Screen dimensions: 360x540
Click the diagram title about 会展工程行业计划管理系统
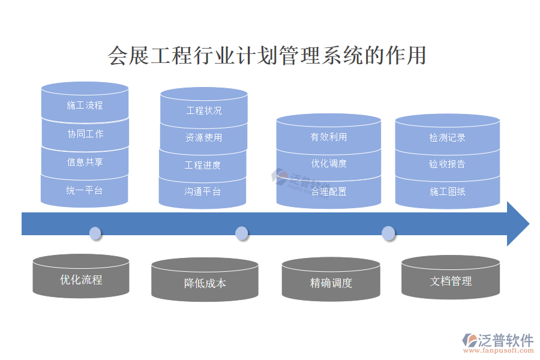267,55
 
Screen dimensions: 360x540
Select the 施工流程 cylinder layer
85,106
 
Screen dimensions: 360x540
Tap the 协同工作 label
85,134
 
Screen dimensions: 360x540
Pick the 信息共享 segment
85,162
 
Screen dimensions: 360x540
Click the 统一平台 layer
85,191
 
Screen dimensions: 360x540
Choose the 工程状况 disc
203,110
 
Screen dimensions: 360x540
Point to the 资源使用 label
203,138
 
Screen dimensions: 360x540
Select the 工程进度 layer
203,166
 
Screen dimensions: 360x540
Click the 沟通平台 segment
203,192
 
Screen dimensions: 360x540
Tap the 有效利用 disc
328,137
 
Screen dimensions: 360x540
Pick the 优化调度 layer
328,163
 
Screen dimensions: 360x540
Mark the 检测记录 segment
447,137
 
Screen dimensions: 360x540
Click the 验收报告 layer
447,164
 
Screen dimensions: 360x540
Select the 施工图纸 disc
447,192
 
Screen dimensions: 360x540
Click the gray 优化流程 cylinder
81,280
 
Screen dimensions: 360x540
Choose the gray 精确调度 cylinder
331,283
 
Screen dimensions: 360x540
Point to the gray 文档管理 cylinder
451,281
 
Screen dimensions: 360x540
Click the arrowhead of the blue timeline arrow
517,224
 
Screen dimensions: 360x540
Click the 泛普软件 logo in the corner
497,343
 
